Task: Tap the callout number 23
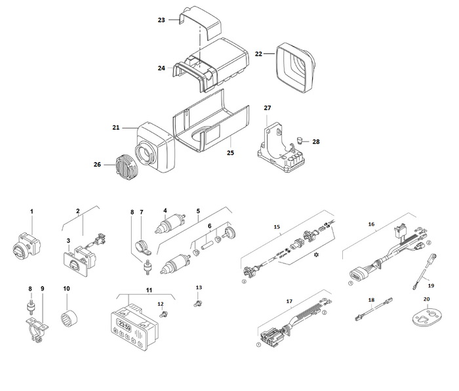click(161, 20)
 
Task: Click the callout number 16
click(372, 224)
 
